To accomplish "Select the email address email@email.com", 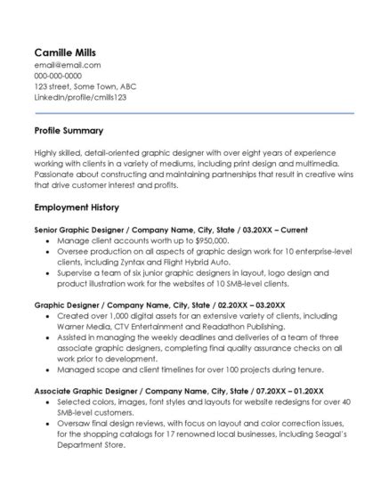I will pyautogui.click(x=67, y=65).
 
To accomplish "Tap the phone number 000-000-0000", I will pyautogui.click(x=58, y=76).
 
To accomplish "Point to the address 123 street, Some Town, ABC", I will pyautogui.click(x=85, y=86).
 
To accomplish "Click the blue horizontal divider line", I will pyautogui.click(x=194, y=113).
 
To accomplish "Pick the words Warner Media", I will pyautogui.click(x=89, y=326).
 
